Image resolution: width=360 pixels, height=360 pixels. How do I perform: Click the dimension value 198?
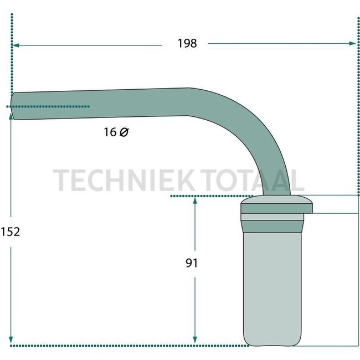(x=187, y=43)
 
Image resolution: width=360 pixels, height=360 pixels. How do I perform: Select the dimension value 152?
(x=10, y=232)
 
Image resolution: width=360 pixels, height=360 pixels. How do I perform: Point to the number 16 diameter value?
(x=110, y=132)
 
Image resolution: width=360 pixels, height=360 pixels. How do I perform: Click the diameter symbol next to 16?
(x=124, y=132)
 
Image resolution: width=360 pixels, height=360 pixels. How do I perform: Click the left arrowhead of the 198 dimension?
(x=16, y=44)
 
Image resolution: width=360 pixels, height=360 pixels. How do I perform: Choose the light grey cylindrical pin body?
(x=272, y=282)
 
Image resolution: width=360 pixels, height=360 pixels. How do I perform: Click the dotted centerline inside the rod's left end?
(x=50, y=106)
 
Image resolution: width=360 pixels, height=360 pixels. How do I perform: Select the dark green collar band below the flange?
(x=272, y=225)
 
